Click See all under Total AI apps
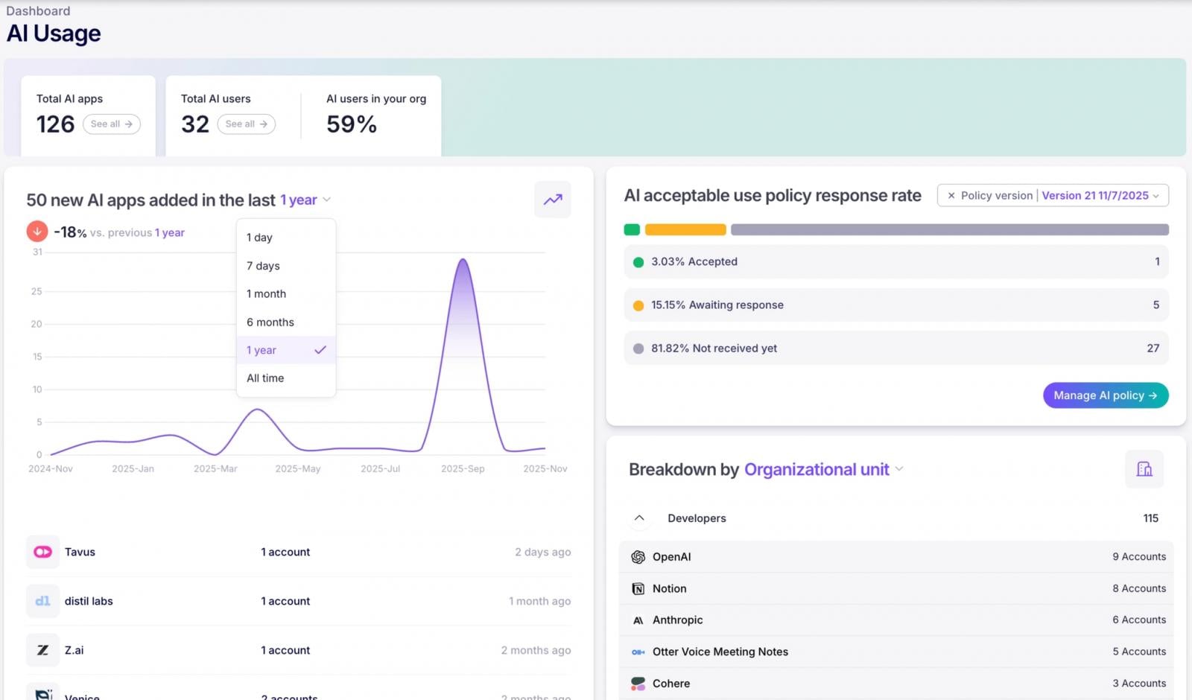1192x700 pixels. point(111,124)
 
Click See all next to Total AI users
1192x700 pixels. point(246,124)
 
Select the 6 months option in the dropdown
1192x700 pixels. point(270,322)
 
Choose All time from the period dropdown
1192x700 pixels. point(265,378)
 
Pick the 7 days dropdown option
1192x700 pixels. point(263,266)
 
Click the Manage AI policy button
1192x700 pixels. point(1105,395)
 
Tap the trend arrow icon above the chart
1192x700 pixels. point(553,200)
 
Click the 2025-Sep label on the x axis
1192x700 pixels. point(463,469)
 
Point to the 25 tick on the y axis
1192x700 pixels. point(37,291)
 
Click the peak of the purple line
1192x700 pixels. point(463,260)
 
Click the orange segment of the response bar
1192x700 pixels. point(685,229)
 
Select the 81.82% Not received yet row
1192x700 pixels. point(895,349)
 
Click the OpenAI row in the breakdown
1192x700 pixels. point(895,557)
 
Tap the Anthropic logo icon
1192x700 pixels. point(638,620)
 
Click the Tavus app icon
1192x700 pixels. point(42,552)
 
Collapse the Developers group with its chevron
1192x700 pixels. point(639,518)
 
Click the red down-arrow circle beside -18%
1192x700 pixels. point(37,232)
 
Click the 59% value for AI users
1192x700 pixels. point(352,124)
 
